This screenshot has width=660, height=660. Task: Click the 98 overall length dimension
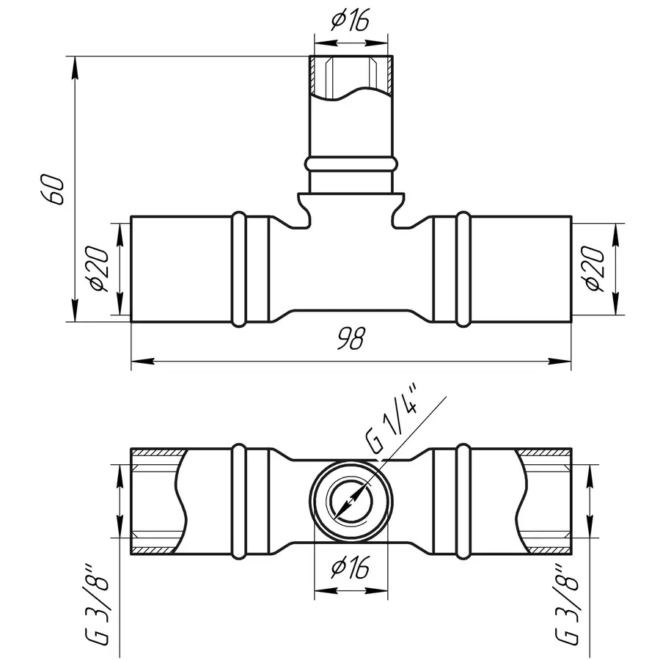pos(351,338)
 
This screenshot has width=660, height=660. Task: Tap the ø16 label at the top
pos(351,21)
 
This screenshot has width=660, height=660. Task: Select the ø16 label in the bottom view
pos(351,567)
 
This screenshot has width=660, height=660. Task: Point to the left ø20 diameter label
pos(99,268)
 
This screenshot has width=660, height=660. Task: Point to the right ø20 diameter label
pos(594,268)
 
